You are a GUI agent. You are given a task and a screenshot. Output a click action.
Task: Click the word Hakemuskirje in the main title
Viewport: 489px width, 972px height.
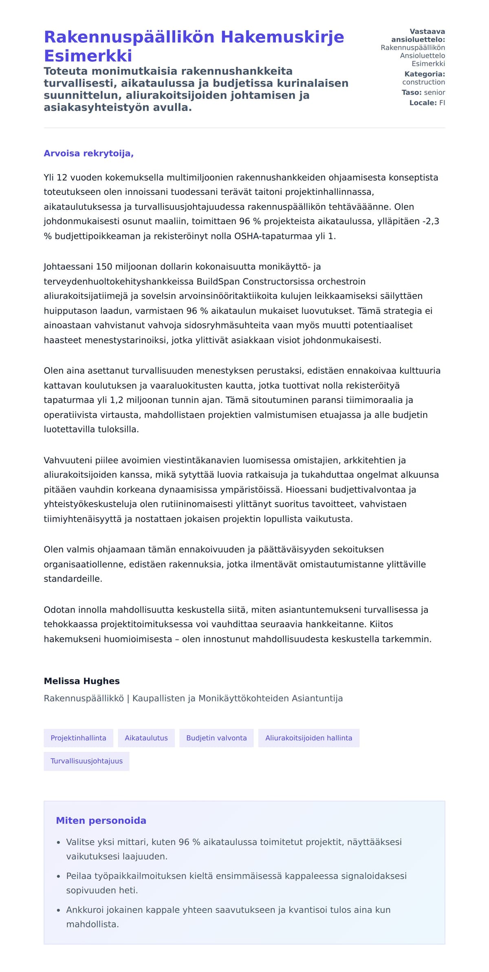(x=282, y=37)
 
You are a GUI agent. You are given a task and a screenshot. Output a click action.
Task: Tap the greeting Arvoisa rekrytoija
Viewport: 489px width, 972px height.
(x=88, y=154)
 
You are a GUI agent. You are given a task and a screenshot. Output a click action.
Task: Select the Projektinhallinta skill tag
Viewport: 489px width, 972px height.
(x=78, y=738)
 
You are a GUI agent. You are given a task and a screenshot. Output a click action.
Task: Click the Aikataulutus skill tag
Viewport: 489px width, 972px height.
(x=146, y=738)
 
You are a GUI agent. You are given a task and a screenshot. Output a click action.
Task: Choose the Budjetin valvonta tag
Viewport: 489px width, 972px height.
(x=216, y=738)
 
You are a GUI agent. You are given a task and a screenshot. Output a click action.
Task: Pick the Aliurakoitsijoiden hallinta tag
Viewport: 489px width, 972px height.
(x=308, y=738)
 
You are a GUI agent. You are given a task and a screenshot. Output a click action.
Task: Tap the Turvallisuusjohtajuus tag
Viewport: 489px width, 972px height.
(x=86, y=761)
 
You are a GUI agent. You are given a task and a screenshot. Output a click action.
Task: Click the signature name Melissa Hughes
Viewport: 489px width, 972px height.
(x=81, y=681)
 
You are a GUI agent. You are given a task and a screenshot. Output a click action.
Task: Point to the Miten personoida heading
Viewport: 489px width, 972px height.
(x=101, y=821)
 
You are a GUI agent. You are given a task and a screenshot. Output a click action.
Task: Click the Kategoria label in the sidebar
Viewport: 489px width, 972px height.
(x=424, y=74)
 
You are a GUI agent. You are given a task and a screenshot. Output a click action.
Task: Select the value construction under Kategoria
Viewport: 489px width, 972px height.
(x=423, y=82)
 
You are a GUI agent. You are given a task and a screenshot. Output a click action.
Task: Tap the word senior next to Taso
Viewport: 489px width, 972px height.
(x=434, y=92)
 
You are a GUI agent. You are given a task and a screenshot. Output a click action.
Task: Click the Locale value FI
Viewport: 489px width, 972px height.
(x=442, y=103)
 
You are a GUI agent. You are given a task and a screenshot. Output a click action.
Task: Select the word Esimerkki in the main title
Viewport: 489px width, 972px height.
(x=88, y=56)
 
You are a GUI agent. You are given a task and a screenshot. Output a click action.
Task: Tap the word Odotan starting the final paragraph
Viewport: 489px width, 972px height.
(x=58, y=610)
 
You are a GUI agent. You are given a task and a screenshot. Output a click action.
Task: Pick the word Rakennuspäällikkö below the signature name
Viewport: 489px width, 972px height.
(x=84, y=698)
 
